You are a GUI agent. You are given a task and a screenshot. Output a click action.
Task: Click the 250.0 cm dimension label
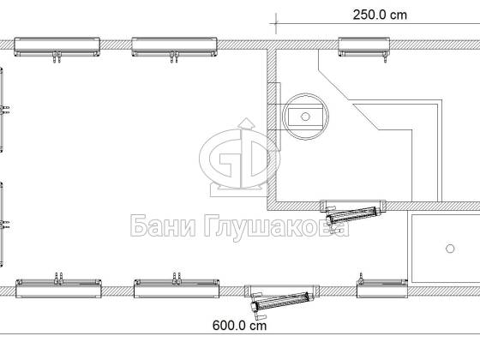pos(380,15)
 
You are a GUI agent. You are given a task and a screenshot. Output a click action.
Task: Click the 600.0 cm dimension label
pos(239,326)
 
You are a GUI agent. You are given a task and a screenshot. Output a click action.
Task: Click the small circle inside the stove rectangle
pos(305,117)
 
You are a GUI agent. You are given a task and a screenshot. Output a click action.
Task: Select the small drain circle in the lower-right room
pos(450,249)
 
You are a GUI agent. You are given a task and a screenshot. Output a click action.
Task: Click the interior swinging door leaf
pos(352,215)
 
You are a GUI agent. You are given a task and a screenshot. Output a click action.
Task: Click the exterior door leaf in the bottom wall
pos(280,301)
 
